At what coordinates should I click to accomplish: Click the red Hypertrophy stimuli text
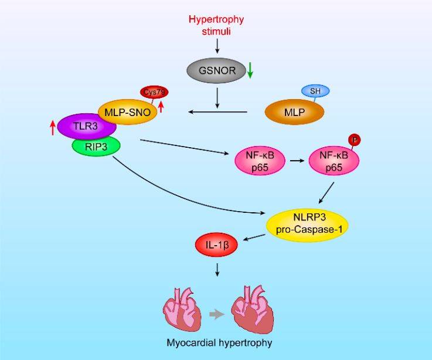(x=216, y=25)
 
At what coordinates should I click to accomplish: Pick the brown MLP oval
(x=294, y=111)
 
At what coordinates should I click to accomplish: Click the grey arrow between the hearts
(x=217, y=314)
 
